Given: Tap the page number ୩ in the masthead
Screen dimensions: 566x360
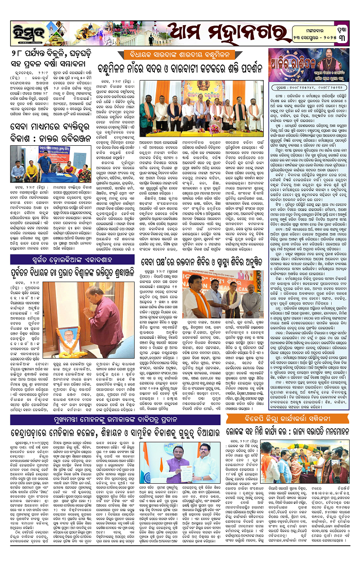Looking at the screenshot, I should pyautogui.click(x=345, y=30).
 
